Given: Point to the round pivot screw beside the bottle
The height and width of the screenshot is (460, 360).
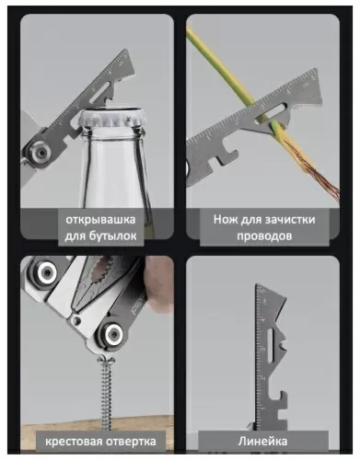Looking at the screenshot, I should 39,149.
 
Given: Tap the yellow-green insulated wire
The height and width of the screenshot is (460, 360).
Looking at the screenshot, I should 230,64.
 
